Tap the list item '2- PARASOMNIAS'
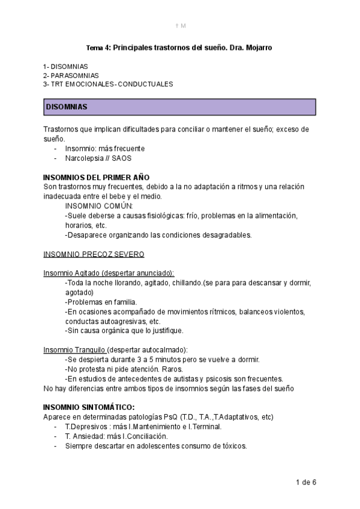[x=71, y=75]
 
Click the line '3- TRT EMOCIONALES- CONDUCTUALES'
[x=108, y=84]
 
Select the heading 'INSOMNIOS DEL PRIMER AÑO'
[x=97, y=178]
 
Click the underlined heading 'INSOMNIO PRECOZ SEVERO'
[x=94, y=254]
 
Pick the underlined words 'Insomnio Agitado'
[x=71, y=273]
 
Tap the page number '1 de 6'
[x=306, y=482]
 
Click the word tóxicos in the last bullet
[x=233, y=446]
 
